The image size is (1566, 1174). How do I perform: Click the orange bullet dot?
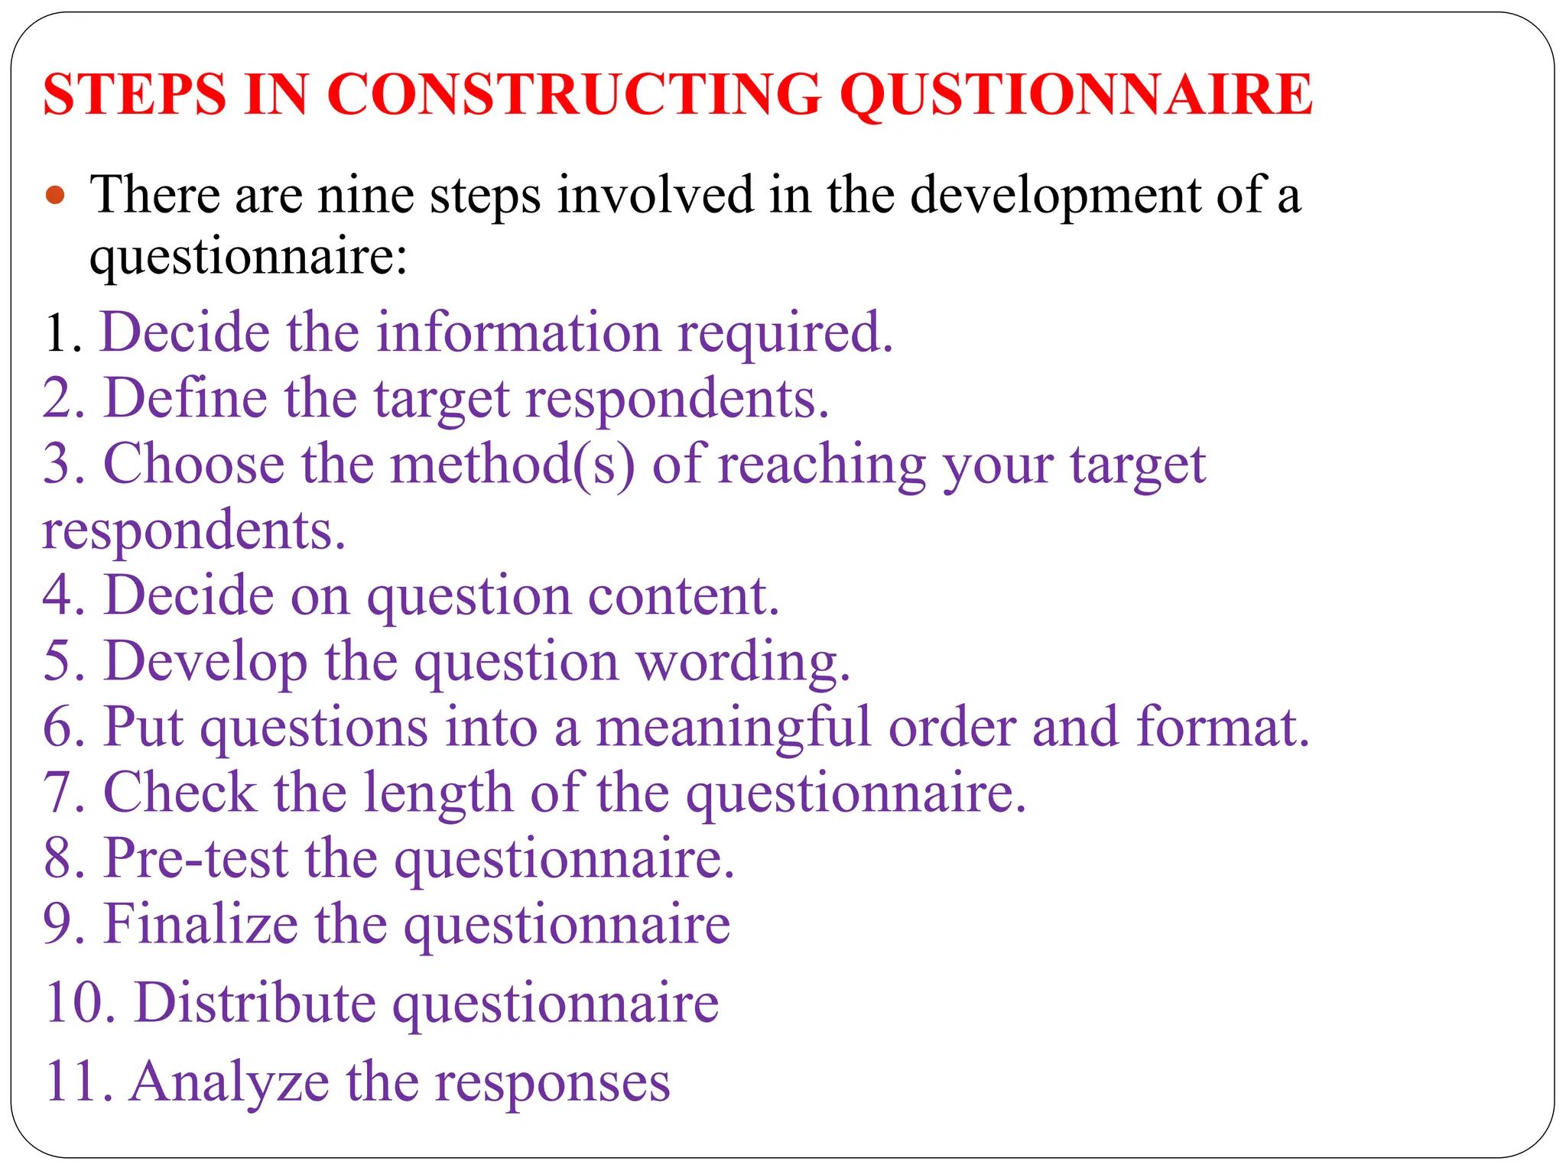tap(55, 196)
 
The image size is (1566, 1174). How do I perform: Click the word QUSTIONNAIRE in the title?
tap(1077, 95)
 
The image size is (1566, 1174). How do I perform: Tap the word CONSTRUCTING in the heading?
tap(573, 95)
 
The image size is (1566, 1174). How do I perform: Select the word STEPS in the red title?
tap(135, 95)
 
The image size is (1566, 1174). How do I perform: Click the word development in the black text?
tap(1055, 196)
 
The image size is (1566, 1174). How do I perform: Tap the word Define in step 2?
tap(186, 399)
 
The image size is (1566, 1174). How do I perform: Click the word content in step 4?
tap(684, 596)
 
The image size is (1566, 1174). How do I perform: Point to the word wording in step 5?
tap(742, 662)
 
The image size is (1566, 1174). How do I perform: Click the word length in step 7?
tap(437, 793)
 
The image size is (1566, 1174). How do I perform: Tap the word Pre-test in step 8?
tap(197, 859)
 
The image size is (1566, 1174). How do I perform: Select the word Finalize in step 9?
tap(200, 925)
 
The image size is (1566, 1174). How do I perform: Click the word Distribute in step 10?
tap(255, 1003)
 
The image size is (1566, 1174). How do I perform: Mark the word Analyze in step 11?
tap(229, 1082)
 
